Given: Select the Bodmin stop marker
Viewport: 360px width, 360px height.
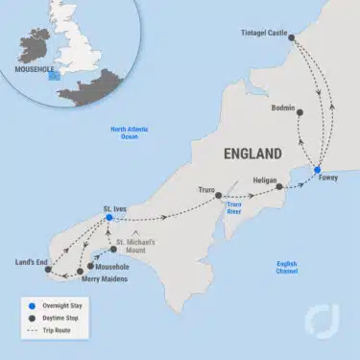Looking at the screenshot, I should click(300, 111).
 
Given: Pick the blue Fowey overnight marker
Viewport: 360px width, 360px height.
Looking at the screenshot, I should click(318, 172).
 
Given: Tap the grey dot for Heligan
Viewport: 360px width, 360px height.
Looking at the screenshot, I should click(279, 187).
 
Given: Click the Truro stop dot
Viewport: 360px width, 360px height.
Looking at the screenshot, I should click(218, 190).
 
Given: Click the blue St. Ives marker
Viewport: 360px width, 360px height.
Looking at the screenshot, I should click(109, 218).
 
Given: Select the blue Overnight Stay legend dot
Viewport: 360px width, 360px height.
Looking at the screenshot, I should click(33, 303).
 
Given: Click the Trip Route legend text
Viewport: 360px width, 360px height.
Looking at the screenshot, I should click(63, 331).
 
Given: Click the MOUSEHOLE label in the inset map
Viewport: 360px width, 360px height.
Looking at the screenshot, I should click(36, 70).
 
